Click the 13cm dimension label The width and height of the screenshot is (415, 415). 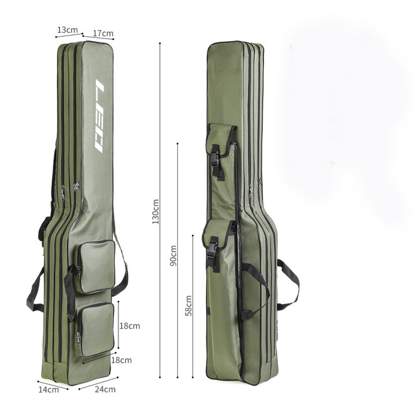coord(68,30)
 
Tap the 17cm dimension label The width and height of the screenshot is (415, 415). coord(103,33)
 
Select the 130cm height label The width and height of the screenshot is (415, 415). coord(155,212)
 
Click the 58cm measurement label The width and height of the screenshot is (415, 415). coord(188,306)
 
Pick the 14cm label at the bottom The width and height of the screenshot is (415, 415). coord(49,389)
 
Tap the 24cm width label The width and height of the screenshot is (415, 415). coord(105,389)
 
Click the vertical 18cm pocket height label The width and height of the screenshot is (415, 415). coord(129,326)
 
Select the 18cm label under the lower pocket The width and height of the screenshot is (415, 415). coord(121,360)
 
